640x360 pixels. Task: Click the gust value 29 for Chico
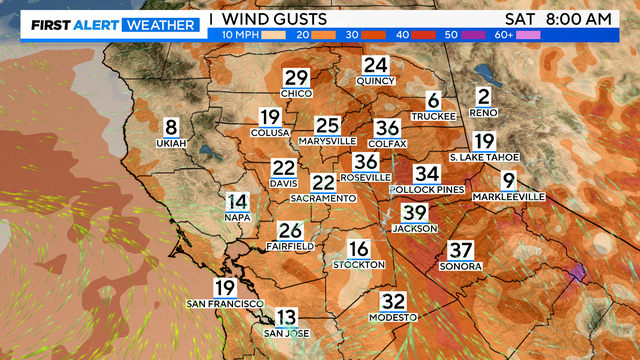297,79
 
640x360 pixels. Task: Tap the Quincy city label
375,80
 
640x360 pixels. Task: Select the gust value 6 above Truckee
433,101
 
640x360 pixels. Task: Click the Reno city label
484,113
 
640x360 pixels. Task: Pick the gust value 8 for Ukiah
170,127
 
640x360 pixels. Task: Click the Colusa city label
270,132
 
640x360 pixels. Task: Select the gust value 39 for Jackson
415,213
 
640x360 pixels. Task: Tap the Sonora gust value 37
460,250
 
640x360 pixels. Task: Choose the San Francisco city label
225,303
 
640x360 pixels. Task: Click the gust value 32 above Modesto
394,301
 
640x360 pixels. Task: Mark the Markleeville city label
510,197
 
